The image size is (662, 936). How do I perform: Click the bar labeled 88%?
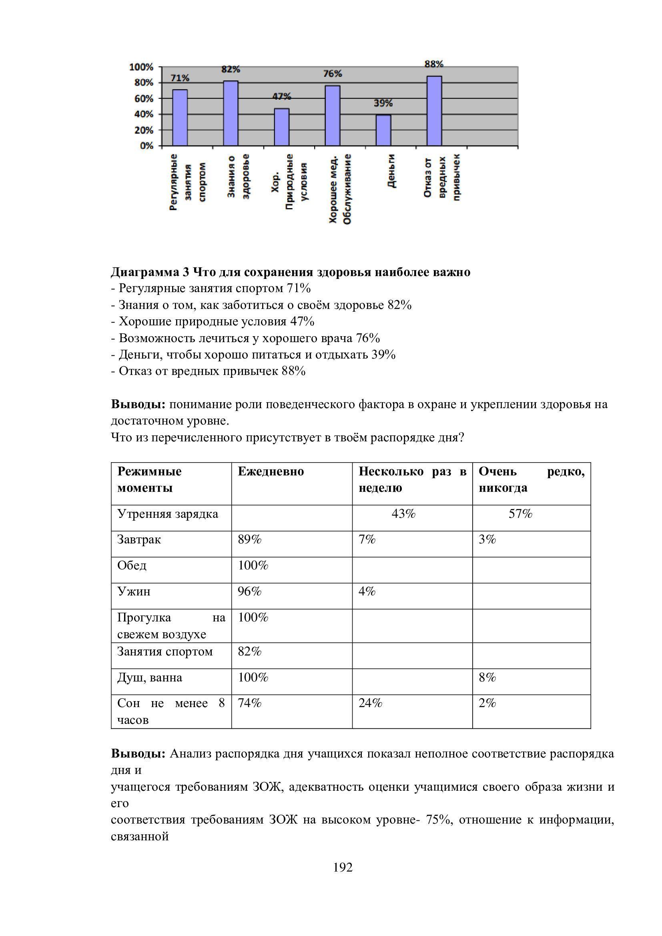tap(434, 111)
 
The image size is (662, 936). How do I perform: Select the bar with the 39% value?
tap(383, 130)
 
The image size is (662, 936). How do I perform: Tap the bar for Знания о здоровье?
tap(231, 113)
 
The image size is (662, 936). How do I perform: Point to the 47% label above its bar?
tap(282, 96)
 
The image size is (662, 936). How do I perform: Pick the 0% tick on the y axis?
tap(146, 146)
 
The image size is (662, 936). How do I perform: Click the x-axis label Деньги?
tap(391, 171)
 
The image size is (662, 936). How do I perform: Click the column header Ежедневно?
tap(271, 472)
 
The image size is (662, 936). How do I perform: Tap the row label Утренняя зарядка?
tap(168, 514)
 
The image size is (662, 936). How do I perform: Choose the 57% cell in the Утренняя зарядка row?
tap(520, 514)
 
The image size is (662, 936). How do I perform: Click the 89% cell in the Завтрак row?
tap(249, 540)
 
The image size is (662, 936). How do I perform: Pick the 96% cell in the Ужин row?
tap(249, 591)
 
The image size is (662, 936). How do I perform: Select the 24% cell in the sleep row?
tap(370, 703)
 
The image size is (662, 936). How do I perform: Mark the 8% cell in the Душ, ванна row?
tap(487, 677)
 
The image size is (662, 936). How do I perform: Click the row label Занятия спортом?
tap(164, 651)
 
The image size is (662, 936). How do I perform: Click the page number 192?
tap(343, 868)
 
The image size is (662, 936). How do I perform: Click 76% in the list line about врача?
tap(368, 339)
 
